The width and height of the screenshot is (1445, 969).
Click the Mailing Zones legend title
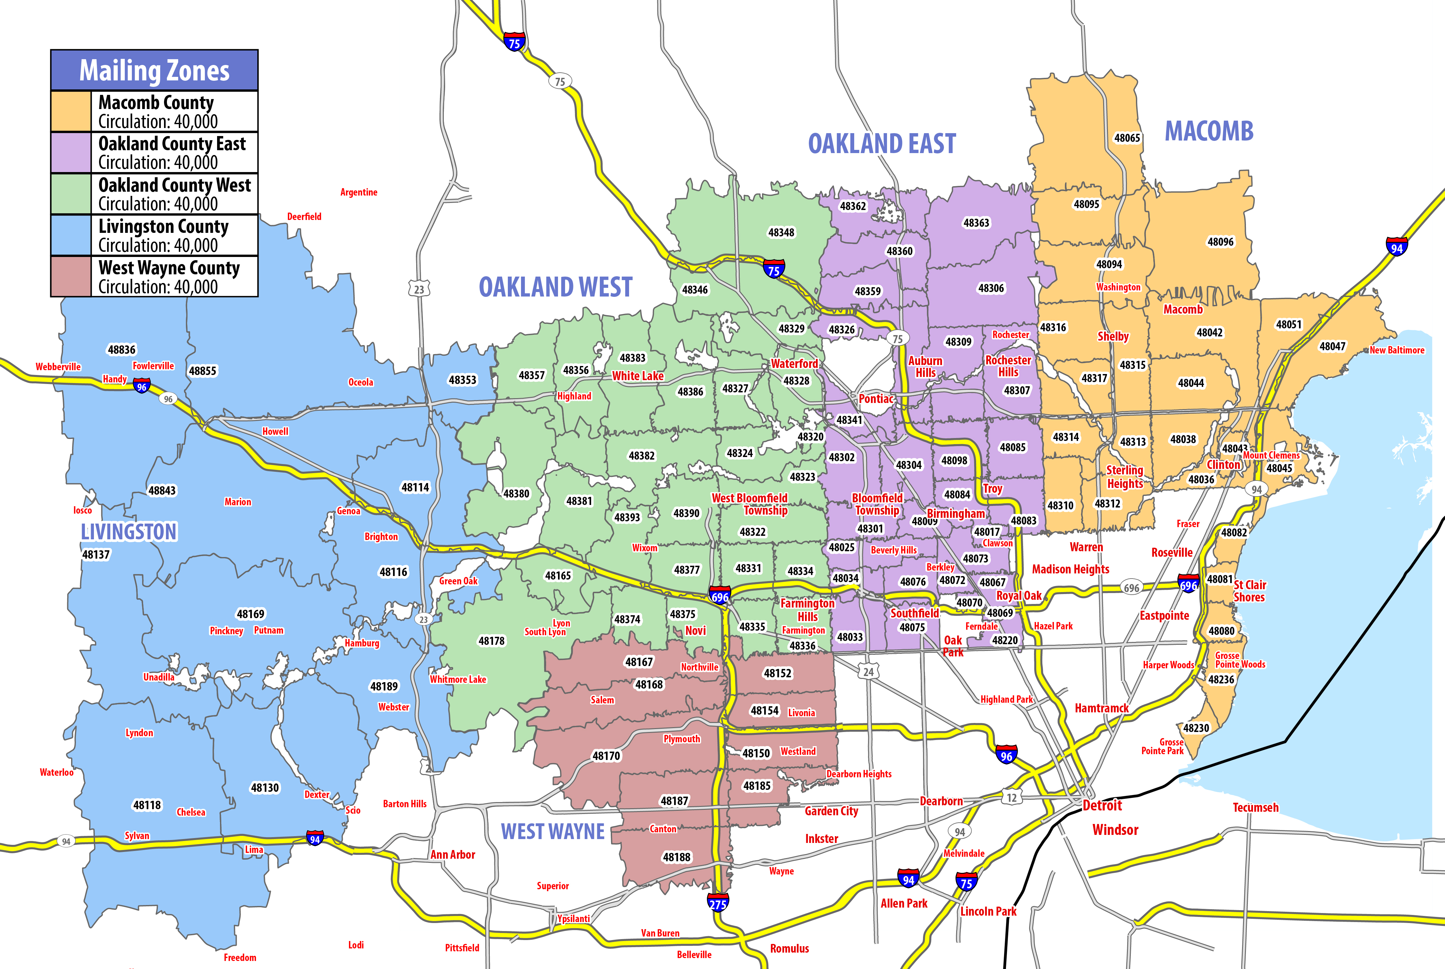pos(154,70)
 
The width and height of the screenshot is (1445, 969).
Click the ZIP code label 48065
pos(1127,138)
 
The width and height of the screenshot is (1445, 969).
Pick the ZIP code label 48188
pos(677,857)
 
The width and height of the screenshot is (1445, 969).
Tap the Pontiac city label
pos(876,398)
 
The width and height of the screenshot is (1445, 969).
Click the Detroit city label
pos(1102,805)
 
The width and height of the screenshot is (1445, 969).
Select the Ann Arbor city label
pos(453,855)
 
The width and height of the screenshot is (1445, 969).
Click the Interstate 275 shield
pos(718,903)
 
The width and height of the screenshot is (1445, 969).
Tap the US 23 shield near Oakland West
pos(419,289)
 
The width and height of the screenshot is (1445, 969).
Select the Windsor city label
pos(1115,830)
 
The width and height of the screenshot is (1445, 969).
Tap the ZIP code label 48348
pos(781,233)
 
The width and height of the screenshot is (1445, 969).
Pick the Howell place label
pos(275,431)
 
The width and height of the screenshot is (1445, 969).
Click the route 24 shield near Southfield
pos(868,672)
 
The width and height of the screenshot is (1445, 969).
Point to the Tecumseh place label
pos(1255,808)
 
